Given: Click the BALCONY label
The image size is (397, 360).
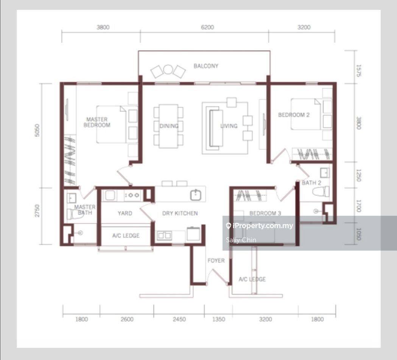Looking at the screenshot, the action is coord(206,66).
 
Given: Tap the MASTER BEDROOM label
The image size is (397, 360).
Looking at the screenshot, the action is coord(97,122).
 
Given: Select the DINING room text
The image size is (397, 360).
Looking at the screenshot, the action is coord(169,126).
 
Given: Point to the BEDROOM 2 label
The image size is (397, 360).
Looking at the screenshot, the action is coord(294,115).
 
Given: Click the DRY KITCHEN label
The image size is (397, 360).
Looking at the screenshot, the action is coord(180,214).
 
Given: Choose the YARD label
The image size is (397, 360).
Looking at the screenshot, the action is coord(125,214).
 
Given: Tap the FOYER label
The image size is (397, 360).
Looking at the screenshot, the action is coord(216,260).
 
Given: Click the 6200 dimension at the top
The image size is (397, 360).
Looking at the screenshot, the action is coord(207,27).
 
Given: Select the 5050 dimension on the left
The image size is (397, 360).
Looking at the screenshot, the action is coord(37,130).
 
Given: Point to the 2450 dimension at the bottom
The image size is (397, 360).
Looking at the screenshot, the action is coord(179,319).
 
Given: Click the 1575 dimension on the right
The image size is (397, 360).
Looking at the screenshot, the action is coord(358,71).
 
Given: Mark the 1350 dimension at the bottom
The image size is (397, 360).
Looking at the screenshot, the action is coord(218,319).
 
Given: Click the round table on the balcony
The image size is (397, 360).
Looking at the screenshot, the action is coord(168,69).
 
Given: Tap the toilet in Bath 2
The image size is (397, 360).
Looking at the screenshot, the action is coord(321,191).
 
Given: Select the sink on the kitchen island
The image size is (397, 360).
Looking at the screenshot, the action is coord(195,195).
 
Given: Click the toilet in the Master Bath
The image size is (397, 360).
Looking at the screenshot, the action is coord(73,215).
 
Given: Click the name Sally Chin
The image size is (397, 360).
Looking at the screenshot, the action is coord(241,240).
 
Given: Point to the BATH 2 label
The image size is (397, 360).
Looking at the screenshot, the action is coord(311,183).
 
